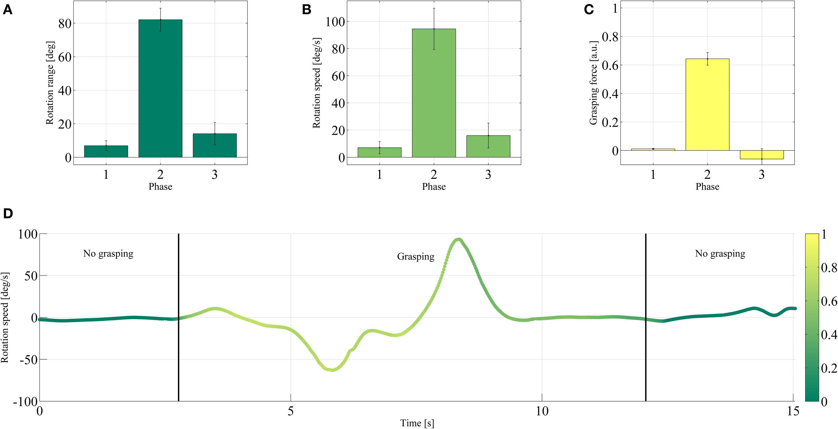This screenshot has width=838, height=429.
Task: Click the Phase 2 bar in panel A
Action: [x=160, y=89]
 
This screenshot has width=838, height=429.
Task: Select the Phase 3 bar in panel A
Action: [x=215, y=146]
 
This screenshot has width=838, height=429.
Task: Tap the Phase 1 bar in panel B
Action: [x=379, y=152]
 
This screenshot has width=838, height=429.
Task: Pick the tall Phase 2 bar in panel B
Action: [x=434, y=93]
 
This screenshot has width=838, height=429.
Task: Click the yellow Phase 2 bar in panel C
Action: [x=707, y=104]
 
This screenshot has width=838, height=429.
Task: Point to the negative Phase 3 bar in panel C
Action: [x=762, y=155]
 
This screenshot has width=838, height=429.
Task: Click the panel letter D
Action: [x=8, y=214]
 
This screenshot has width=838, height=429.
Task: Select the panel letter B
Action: [x=306, y=10]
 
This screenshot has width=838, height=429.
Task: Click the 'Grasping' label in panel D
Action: [x=416, y=257]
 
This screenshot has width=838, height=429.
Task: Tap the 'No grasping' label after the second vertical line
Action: [x=720, y=254]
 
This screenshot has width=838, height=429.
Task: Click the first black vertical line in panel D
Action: [x=178, y=317]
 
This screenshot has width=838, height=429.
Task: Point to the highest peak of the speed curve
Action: [x=459, y=240]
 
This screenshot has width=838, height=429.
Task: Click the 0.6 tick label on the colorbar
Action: [x=829, y=301]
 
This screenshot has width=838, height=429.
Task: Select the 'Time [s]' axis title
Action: [x=417, y=423]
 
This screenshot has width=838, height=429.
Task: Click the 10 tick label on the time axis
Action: [x=542, y=411]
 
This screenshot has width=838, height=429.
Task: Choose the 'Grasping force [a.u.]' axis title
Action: [x=594, y=83]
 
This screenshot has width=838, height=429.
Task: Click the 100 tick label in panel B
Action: [x=335, y=22]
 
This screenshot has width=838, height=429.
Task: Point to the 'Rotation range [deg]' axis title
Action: [x=50, y=83]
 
